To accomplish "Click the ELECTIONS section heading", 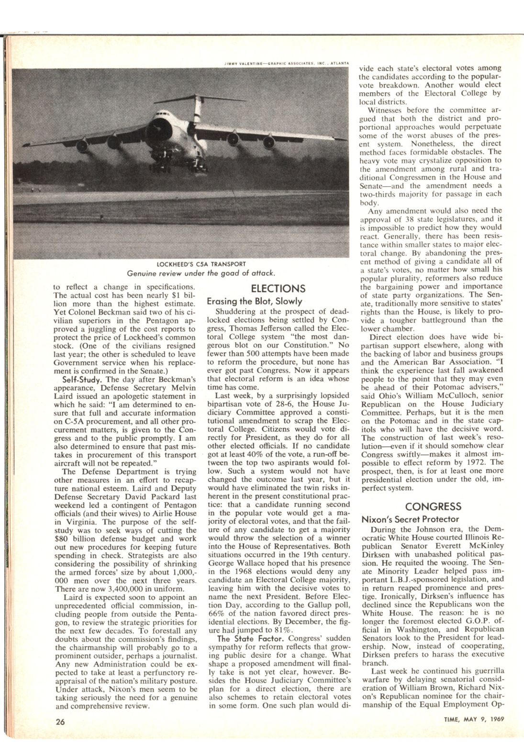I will click(278, 289).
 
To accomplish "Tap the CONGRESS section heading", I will click(433, 506).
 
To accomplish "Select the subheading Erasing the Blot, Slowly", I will click(254, 302).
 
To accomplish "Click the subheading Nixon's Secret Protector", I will click(410, 519).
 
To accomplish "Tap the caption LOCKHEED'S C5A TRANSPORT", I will click(201, 264).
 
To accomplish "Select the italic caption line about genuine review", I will click(201, 273).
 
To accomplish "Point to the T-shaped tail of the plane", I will click(195, 98).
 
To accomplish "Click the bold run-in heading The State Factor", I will click(241, 639).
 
